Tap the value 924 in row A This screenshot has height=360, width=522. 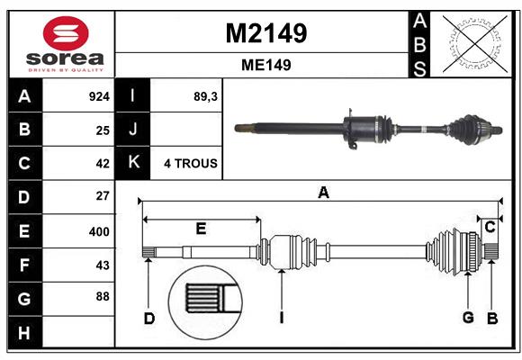(99, 96)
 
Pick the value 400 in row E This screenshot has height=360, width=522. (99, 231)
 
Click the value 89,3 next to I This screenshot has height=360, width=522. (207, 96)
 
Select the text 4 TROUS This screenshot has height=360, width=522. (189, 164)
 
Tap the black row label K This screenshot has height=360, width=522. (133, 163)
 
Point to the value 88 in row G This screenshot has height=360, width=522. (102, 296)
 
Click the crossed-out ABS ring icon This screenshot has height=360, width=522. (473, 43)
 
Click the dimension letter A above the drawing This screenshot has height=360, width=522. (323, 193)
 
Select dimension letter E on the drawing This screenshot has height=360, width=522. (201, 229)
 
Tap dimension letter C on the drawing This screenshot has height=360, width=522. (490, 228)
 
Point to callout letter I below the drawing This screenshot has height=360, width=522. (282, 317)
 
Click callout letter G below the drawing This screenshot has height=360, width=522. (468, 317)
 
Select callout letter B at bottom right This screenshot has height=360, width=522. (492, 317)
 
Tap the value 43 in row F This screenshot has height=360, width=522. (102, 265)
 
